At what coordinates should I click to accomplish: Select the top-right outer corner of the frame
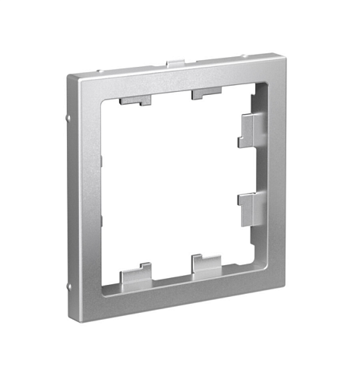click(x=272, y=54)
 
